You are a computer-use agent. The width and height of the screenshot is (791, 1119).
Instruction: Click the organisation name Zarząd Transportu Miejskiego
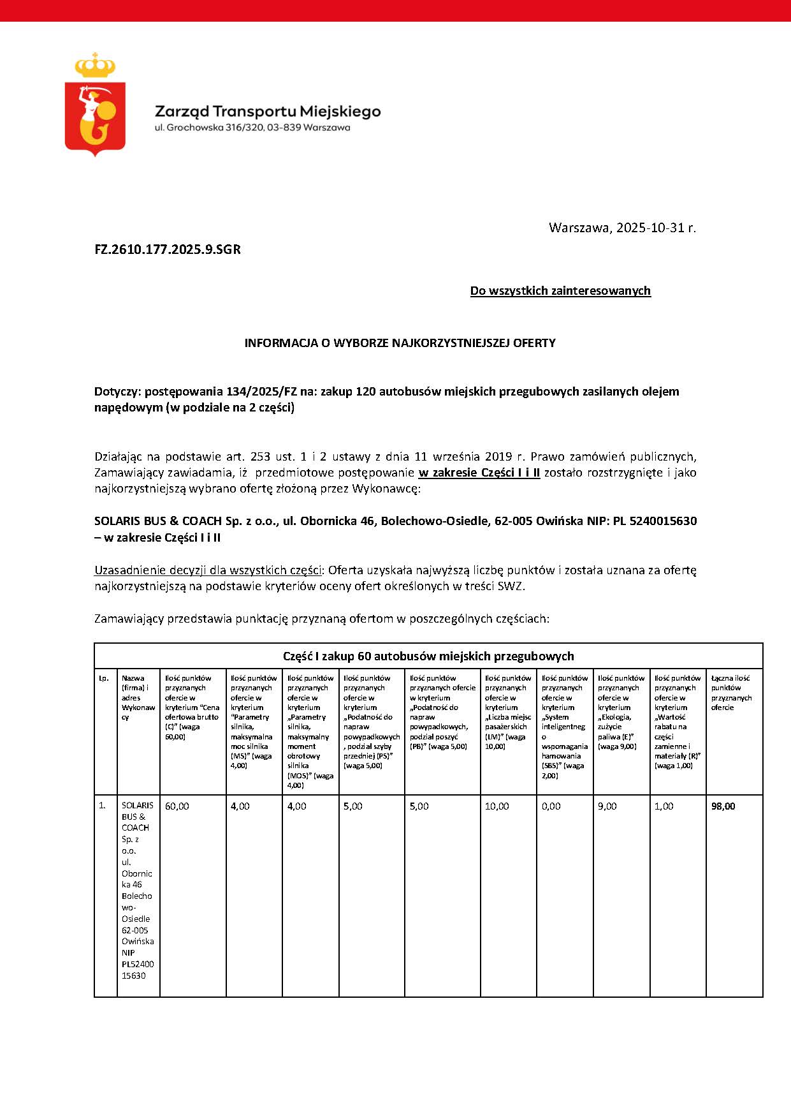click(x=268, y=112)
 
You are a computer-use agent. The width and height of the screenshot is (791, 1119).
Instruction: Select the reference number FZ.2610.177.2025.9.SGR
click(x=168, y=249)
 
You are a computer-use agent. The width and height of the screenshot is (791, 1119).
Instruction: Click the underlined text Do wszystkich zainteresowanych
click(x=560, y=291)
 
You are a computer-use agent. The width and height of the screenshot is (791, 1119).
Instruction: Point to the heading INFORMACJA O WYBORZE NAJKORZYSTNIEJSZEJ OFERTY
click(x=400, y=343)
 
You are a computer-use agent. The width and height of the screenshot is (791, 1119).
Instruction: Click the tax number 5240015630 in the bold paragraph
click(x=663, y=521)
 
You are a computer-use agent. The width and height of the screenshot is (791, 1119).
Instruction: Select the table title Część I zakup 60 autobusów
click(x=428, y=656)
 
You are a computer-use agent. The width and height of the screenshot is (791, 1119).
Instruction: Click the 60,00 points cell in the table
click(x=177, y=806)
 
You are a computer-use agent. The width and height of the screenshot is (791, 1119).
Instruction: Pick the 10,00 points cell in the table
click(x=497, y=806)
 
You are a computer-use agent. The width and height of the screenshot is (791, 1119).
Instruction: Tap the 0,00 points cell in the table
click(x=551, y=806)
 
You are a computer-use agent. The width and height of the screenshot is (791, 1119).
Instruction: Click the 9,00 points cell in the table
click(x=607, y=806)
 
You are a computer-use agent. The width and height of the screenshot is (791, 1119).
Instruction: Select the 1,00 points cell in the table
click(x=664, y=806)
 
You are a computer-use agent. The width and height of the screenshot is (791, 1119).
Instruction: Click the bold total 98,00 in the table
click(x=723, y=806)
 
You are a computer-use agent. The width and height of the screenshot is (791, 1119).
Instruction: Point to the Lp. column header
click(x=103, y=678)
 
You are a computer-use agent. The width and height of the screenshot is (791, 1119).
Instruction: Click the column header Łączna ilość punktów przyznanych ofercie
click(x=731, y=693)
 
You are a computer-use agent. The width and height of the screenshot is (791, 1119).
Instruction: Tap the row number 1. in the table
click(x=102, y=806)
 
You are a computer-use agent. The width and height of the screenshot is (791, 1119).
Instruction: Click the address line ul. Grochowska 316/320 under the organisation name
click(x=252, y=128)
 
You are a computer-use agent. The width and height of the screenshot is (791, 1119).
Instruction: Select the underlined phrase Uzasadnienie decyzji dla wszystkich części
click(x=207, y=570)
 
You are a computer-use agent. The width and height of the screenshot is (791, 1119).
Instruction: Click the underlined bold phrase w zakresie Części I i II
click(x=479, y=473)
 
